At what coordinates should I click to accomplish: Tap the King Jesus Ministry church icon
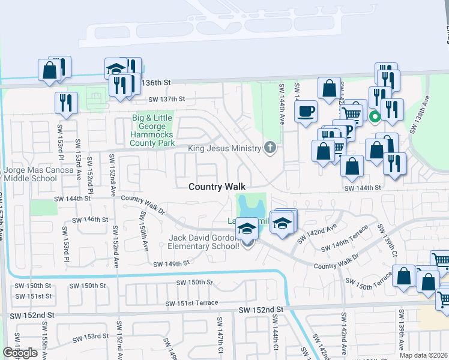coord(270,148)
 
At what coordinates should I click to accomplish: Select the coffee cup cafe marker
coord(306,112)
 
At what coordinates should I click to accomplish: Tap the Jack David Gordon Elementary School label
coord(204,242)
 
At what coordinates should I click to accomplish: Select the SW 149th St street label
coord(171,263)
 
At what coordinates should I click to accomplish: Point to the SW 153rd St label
coord(92,337)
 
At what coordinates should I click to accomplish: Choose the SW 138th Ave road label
coord(420,114)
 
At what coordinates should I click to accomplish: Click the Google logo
coord(20,352)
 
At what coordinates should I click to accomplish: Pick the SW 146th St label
coord(96,220)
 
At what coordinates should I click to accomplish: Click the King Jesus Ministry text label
coord(225,148)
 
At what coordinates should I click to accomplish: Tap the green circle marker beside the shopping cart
coord(375,116)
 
